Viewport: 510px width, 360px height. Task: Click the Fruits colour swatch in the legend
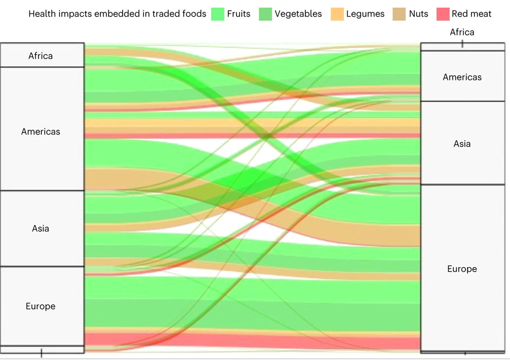tap(218, 14)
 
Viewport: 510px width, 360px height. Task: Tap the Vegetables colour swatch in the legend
tap(265, 14)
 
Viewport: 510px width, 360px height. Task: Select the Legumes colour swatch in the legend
tap(337, 14)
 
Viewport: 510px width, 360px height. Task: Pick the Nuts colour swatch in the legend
tap(399, 14)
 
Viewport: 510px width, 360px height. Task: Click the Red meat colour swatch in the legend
tap(443, 14)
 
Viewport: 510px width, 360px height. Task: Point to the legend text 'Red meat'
tap(471, 14)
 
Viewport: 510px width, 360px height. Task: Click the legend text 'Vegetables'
tap(298, 14)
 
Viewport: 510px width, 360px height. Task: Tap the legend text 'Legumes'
tap(365, 14)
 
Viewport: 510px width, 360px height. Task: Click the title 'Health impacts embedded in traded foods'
tap(117, 14)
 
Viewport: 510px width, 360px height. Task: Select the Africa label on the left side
tap(40, 56)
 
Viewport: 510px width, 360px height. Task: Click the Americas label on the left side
tap(41, 131)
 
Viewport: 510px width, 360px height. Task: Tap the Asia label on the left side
tap(40, 229)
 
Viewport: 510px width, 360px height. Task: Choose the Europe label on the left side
tap(41, 306)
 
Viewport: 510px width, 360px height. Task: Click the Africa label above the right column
tap(462, 32)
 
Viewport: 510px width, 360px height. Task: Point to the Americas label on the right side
tap(462, 77)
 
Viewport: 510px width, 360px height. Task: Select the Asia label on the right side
tap(462, 144)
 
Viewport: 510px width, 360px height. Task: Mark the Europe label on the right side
tap(462, 269)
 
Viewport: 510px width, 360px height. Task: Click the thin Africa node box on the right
tap(462, 47)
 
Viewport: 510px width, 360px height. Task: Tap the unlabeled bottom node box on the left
tap(42, 350)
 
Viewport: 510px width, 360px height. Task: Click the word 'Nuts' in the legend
tap(419, 14)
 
